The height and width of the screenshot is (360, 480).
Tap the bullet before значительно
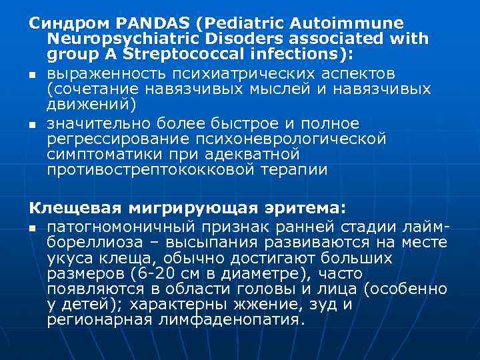tap(32, 124)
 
